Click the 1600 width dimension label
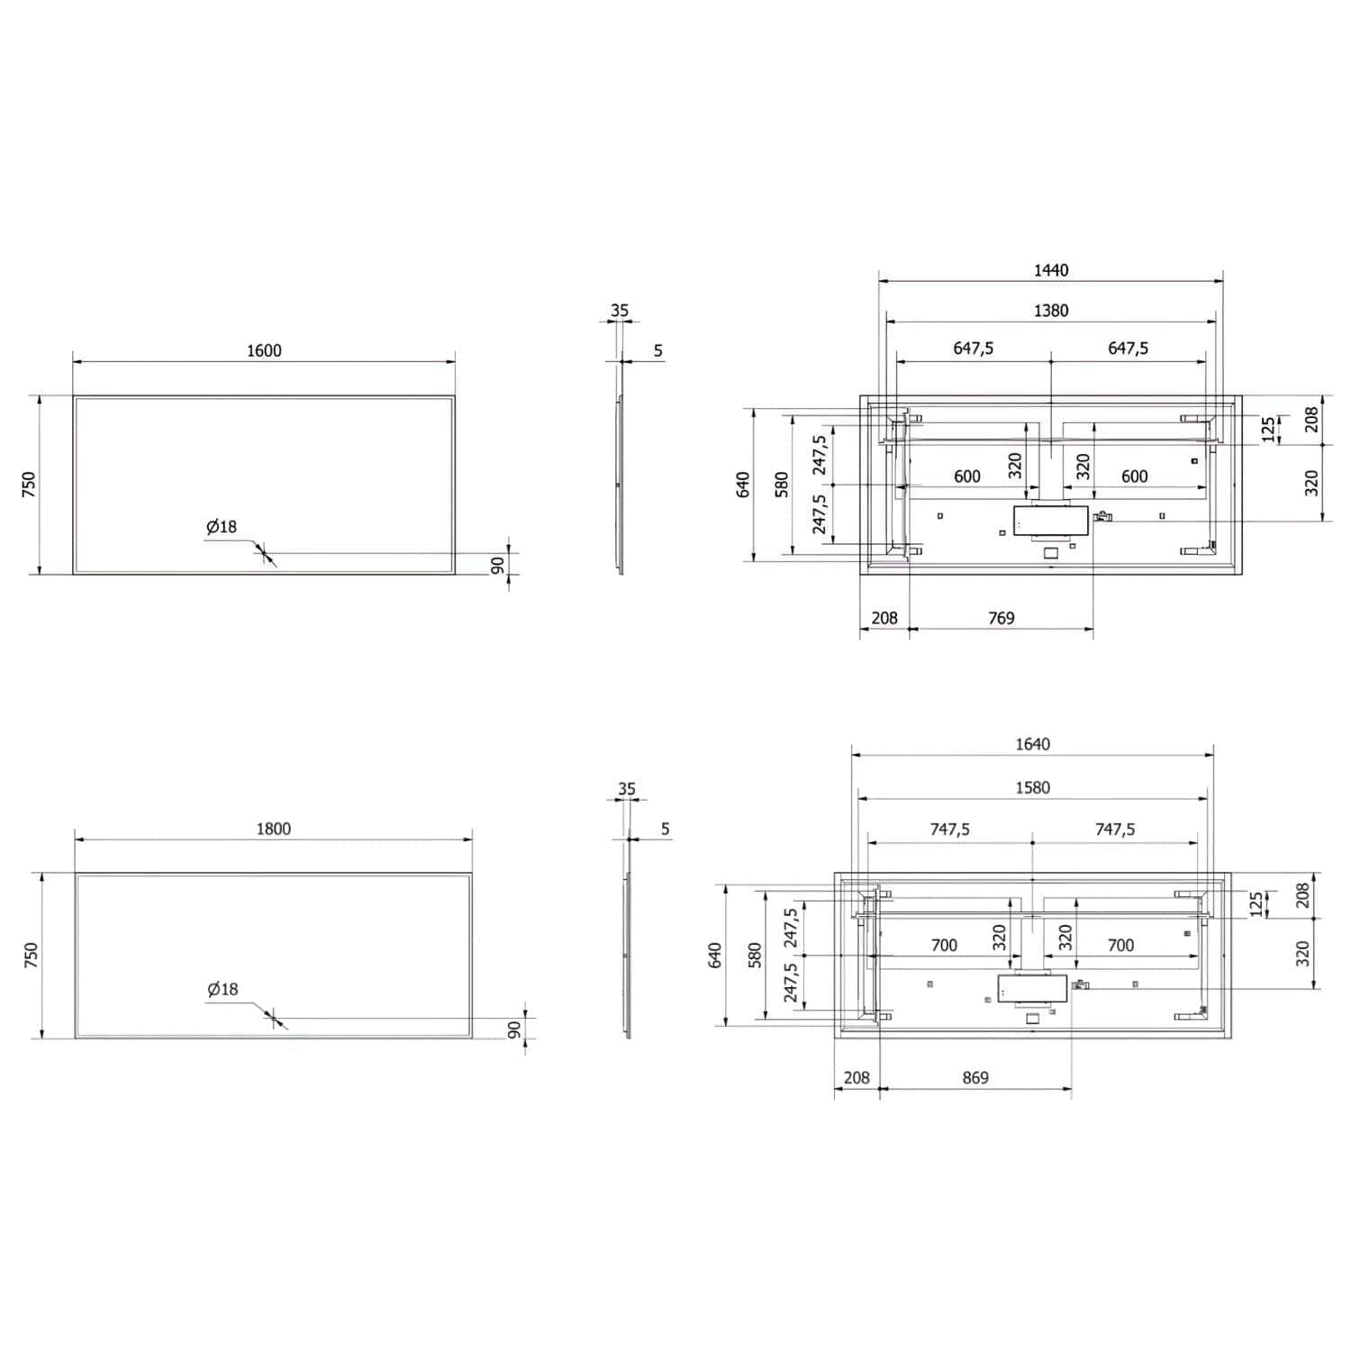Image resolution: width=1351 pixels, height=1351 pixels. coord(264,350)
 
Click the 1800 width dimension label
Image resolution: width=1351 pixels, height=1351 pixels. coord(273,829)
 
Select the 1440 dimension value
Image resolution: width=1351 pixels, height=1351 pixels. coord(1051,270)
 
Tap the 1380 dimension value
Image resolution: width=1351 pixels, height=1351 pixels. coord(1051,311)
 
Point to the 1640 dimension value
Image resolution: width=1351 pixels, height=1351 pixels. coord(1033,744)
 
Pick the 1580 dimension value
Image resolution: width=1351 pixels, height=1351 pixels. coord(1033,787)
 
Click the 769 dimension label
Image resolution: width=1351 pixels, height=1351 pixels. coord(1002,618)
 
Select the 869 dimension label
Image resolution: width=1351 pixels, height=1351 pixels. coord(975,1077)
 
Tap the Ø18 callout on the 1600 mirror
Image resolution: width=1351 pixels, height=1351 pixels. coord(222,527)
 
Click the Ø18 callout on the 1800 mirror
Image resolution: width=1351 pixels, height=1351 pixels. coord(222,989)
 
